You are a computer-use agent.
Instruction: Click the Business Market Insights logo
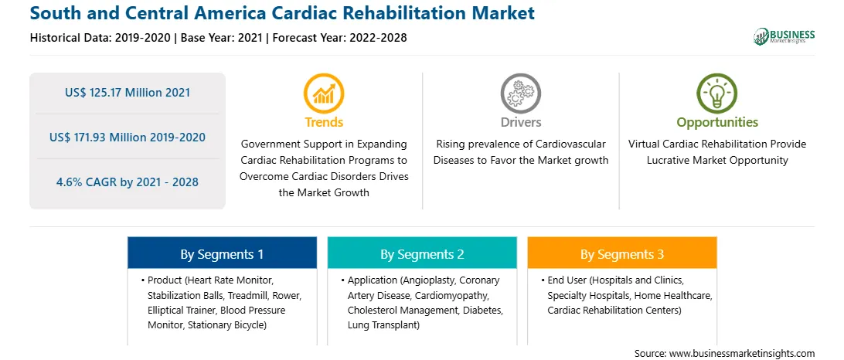784,36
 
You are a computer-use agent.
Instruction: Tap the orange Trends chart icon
324,93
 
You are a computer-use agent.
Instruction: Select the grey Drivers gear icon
520,93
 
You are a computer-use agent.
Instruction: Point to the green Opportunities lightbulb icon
717,93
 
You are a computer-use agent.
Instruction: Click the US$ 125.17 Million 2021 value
128,93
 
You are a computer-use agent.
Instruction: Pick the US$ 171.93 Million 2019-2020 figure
128,138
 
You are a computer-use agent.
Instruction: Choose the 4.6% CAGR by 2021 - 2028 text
128,182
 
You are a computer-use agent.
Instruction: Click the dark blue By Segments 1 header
222,253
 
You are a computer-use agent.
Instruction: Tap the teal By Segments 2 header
422,253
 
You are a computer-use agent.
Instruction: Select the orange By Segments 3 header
622,253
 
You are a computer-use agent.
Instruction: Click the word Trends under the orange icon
324,122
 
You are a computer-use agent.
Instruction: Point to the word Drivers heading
520,122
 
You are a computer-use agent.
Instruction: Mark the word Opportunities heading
717,122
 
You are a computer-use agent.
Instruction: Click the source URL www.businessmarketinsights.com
742,354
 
